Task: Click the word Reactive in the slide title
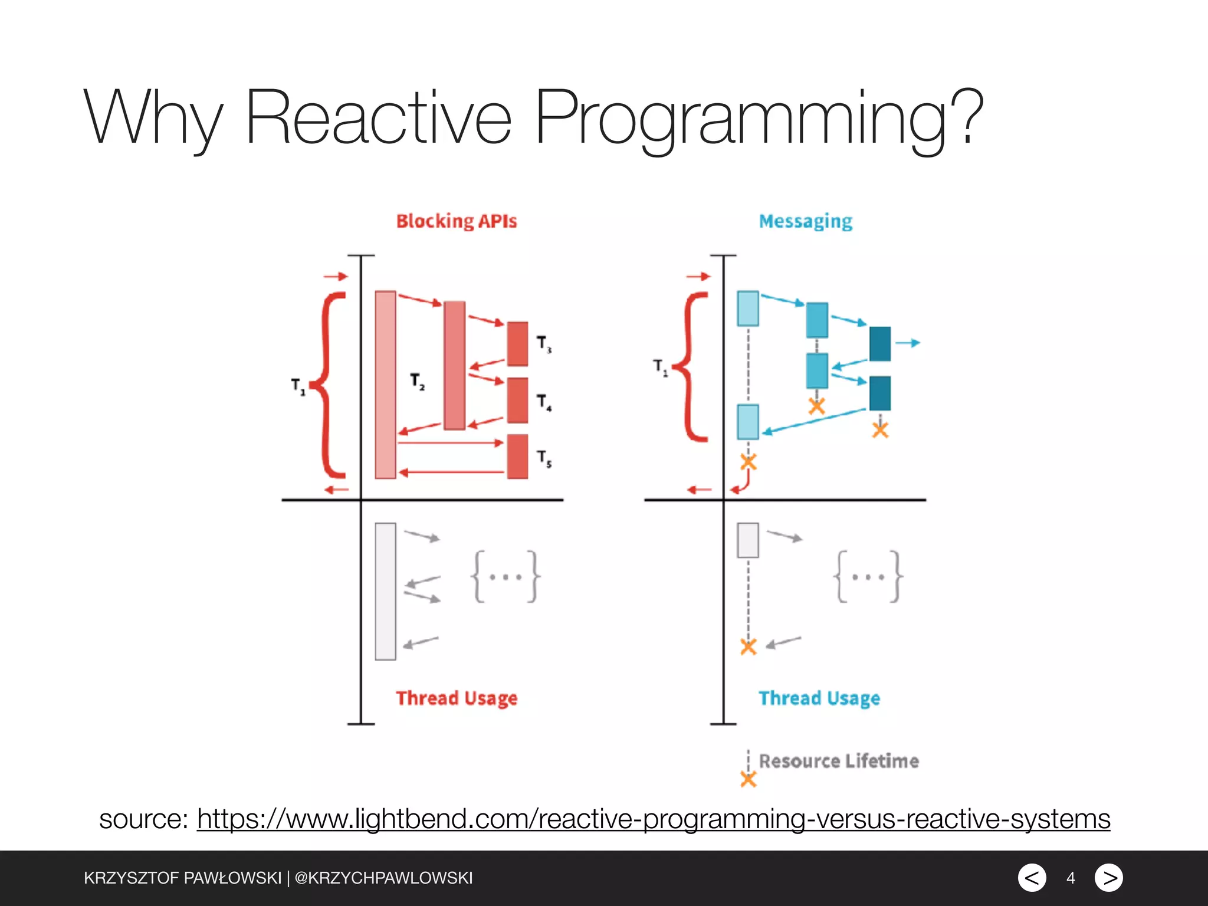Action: click(377, 116)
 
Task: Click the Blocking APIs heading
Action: click(456, 221)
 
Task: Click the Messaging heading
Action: click(805, 221)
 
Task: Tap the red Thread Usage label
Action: click(457, 698)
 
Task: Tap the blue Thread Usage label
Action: click(819, 698)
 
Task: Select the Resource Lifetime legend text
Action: click(838, 761)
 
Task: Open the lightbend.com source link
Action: click(654, 819)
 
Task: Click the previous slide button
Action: click(1032, 878)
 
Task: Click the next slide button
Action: click(1109, 878)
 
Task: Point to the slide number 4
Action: click(1071, 878)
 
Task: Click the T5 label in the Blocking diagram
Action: click(544, 458)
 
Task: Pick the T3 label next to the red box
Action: click(543, 344)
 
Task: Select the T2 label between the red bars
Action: click(417, 381)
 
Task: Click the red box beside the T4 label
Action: click(517, 400)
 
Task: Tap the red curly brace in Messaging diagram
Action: click(693, 366)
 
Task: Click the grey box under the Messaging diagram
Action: click(748, 540)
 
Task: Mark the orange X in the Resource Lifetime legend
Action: click(748, 780)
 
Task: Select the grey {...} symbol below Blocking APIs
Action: click(505, 576)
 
